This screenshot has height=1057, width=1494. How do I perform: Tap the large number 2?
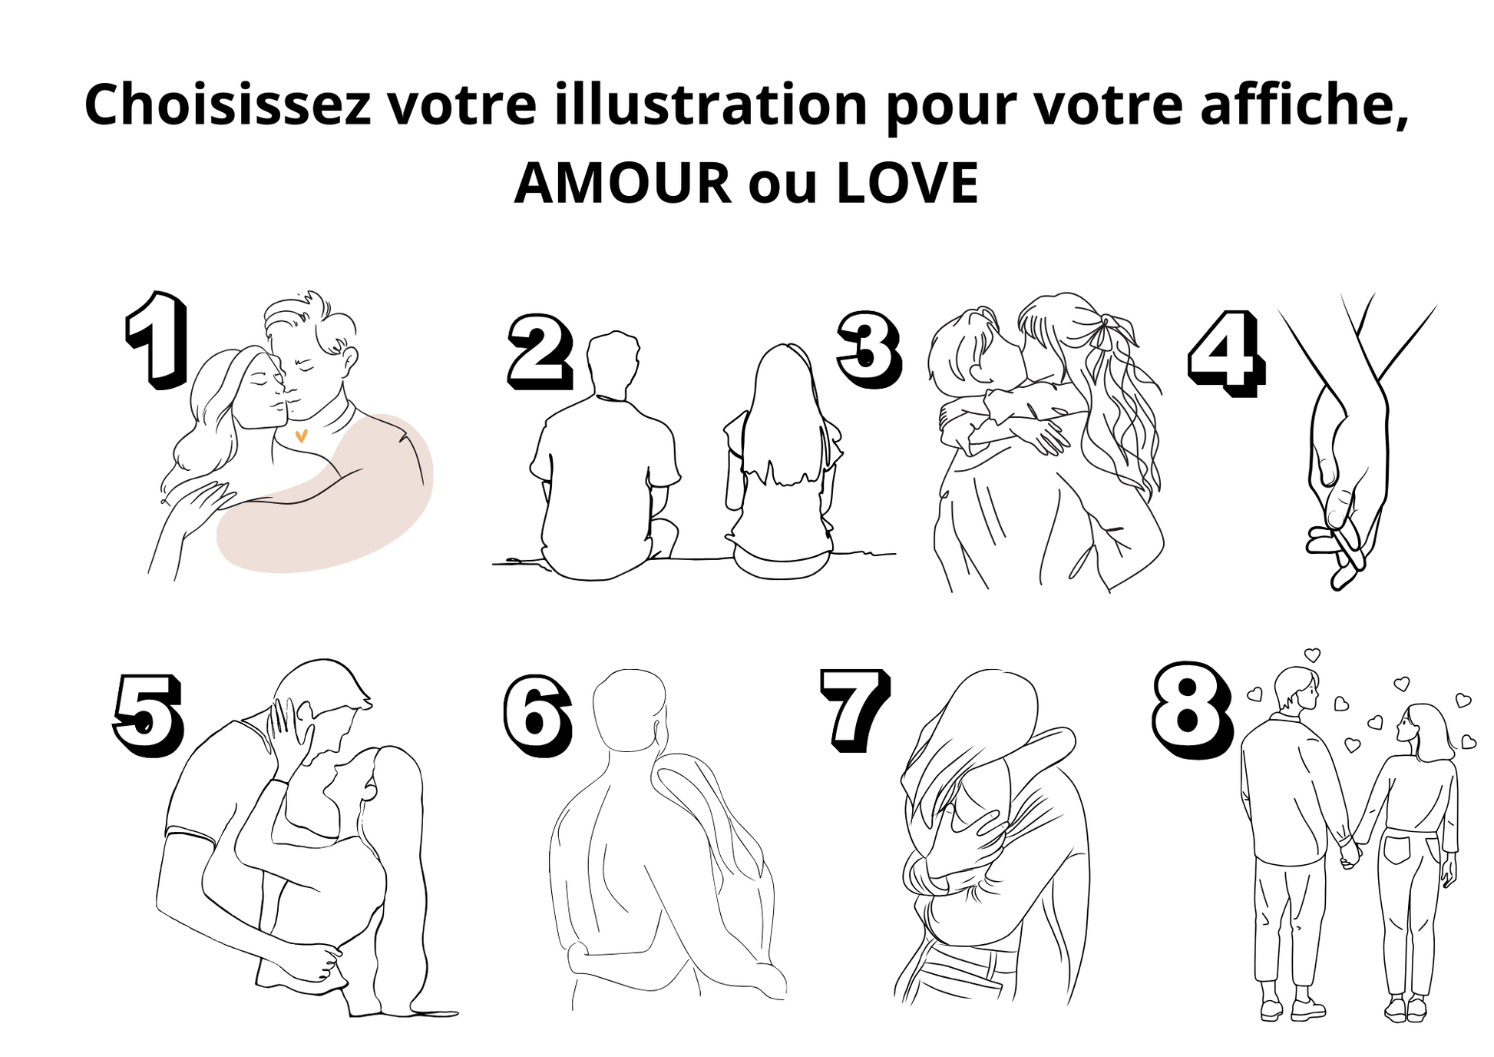click(540, 351)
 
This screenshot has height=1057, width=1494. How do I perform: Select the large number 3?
click(868, 350)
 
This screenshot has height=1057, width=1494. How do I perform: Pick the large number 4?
click(1226, 354)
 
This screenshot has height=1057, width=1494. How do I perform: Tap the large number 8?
click(1193, 711)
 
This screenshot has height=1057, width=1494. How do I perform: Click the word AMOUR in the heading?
click(623, 184)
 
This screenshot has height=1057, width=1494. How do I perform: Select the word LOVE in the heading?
click(907, 184)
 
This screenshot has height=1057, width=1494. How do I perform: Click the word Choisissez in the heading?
click(228, 104)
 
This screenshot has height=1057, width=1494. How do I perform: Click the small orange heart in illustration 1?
click(301, 436)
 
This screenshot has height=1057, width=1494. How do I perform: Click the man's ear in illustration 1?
click(349, 358)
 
